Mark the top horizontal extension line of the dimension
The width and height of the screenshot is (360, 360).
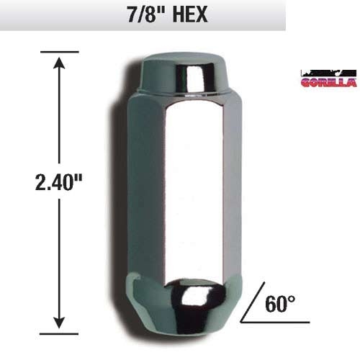58,52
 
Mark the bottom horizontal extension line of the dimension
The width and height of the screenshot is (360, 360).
58,333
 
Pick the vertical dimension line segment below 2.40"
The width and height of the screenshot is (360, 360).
58,259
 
